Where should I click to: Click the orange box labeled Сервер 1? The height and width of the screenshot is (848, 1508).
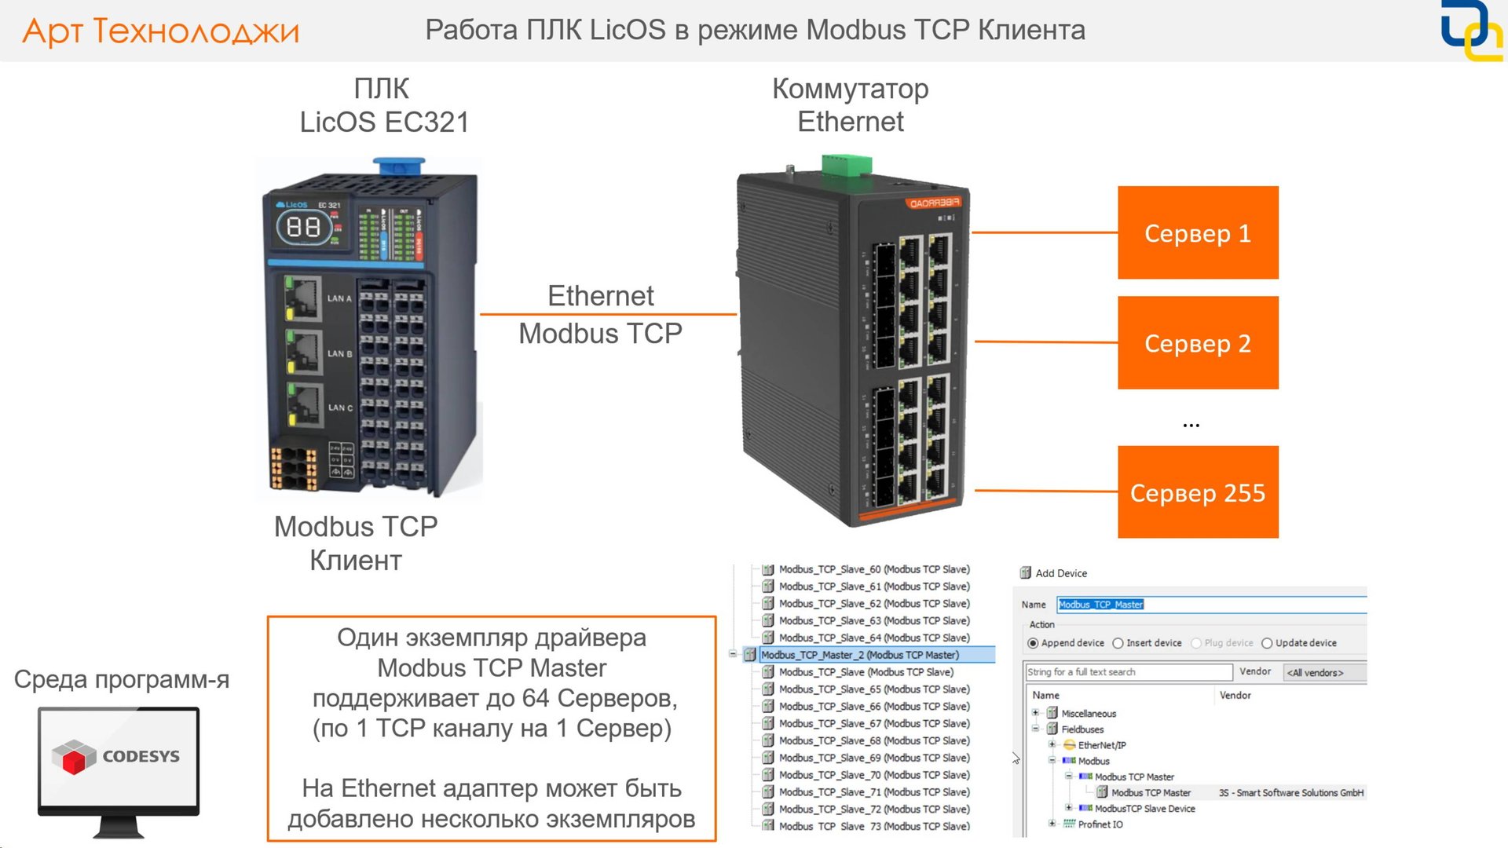pyautogui.click(x=1197, y=233)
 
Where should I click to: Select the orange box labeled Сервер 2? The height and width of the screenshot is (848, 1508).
pyautogui.click(x=1197, y=343)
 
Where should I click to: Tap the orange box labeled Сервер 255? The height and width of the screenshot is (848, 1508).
pyautogui.click(x=1197, y=492)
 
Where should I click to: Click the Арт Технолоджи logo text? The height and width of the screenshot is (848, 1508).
pyautogui.click(x=161, y=31)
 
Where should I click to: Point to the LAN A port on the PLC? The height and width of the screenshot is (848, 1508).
pyautogui.click(x=302, y=298)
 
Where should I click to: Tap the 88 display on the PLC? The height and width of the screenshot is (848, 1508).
pyautogui.click(x=303, y=228)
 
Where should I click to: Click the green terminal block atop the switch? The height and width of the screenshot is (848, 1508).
pyautogui.click(x=846, y=165)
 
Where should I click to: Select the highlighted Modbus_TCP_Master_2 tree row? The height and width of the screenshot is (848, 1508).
pyautogui.click(x=859, y=655)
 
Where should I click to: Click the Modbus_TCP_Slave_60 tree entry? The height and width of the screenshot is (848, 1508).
pyautogui.click(x=873, y=569)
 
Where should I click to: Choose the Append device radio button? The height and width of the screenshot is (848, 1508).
pyautogui.click(x=1034, y=643)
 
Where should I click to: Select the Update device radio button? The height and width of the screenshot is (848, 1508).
pyautogui.click(x=1267, y=643)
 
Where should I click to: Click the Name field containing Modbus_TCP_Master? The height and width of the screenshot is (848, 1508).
pyautogui.click(x=1210, y=605)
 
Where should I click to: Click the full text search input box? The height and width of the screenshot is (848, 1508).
pyautogui.click(x=1128, y=672)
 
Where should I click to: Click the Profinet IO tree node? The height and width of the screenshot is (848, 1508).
pyautogui.click(x=1100, y=824)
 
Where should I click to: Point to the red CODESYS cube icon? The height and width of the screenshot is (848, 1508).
pyautogui.click(x=74, y=758)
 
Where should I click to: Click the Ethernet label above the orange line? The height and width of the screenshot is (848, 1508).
pyautogui.click(x=600, y=296)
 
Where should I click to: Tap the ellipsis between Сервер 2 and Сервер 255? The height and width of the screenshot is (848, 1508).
pyautogui.click(x=1191, y=425)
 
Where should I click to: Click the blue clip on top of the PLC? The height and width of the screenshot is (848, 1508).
pyautogui.click(x=398, y=166)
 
